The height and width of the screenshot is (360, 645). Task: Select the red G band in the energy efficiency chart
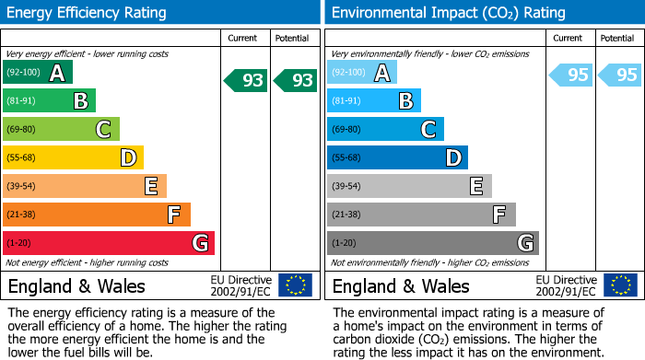(109, 243)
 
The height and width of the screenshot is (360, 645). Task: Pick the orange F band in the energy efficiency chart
(97, 215)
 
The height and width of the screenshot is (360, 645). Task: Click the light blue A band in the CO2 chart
(362, 73)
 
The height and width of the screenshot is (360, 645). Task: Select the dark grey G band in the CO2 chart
(432, 243)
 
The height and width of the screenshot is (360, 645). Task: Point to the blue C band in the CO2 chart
(385, 130)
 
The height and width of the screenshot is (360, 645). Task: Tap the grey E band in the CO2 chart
(409, 186)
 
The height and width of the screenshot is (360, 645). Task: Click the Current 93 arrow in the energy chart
(246, 81)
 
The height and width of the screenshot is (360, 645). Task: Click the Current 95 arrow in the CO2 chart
(571, 75)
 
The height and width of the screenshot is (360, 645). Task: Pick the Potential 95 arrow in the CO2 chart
(620, 75)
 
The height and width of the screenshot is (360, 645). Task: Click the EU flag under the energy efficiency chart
(295, 285)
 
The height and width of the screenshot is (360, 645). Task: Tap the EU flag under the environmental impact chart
(620, 285)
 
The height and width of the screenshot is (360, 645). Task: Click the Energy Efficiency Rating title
(88, 13)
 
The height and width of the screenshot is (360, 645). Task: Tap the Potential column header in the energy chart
(292, 38)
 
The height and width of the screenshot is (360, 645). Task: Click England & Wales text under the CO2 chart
(401, 286)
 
